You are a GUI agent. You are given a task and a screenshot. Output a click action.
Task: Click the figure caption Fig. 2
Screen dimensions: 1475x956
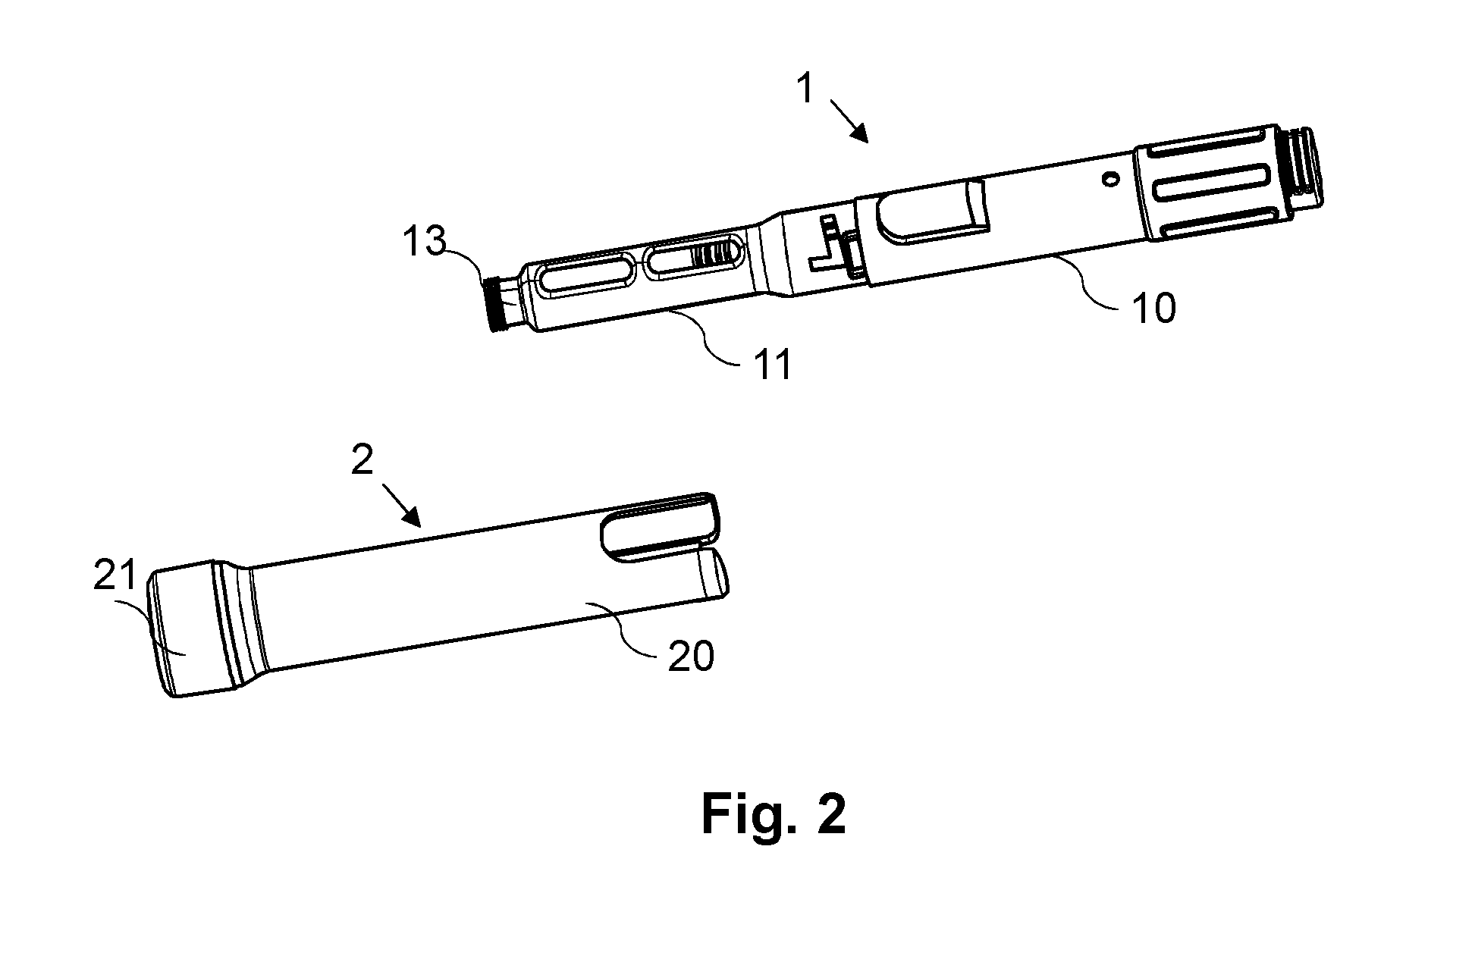(773, 815)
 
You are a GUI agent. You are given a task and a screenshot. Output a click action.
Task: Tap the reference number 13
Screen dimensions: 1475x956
(424, 243)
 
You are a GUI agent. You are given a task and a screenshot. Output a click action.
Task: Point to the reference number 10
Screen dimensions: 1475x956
(1153, 309)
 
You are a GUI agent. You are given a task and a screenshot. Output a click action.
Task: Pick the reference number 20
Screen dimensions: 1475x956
(691, 656)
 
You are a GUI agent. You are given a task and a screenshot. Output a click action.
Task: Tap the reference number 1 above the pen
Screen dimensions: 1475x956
(805, 89)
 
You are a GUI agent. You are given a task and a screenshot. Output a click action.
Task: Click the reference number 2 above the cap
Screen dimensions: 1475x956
(362, 459)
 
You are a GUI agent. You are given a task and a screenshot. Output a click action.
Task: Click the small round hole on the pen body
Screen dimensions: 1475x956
(1110, 179)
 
